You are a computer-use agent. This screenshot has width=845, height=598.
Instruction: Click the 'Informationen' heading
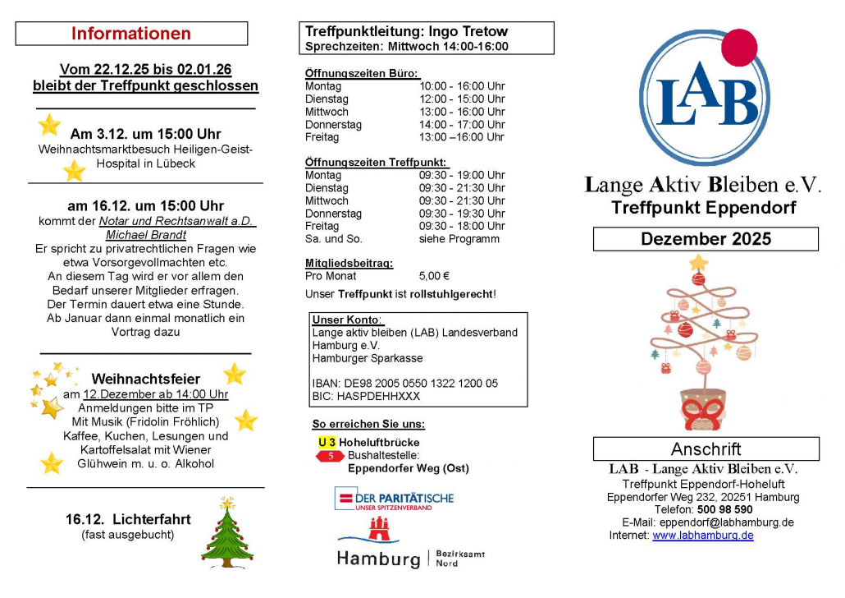pos(131,34)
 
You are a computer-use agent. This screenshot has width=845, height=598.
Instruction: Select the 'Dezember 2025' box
pos(706,239)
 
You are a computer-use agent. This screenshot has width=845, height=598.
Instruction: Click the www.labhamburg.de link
pos(703,536)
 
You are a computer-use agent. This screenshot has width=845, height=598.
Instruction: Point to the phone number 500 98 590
pos(725,509)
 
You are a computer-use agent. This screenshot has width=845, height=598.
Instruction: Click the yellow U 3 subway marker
pos(327,443)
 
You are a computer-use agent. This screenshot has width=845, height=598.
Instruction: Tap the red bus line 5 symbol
pos(330,456)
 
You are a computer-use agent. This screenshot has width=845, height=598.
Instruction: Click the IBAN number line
pos(405,384)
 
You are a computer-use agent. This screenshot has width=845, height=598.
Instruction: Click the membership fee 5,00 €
pos(434,276)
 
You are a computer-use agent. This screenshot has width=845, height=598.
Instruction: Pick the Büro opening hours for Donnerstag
pos(462,125)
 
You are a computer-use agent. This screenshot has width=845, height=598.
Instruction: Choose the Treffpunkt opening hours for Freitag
pos(462,226)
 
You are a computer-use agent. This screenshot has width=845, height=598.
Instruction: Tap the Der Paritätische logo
pos(394,499)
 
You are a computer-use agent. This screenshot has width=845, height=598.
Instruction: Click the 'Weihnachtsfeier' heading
pos(146,379)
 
